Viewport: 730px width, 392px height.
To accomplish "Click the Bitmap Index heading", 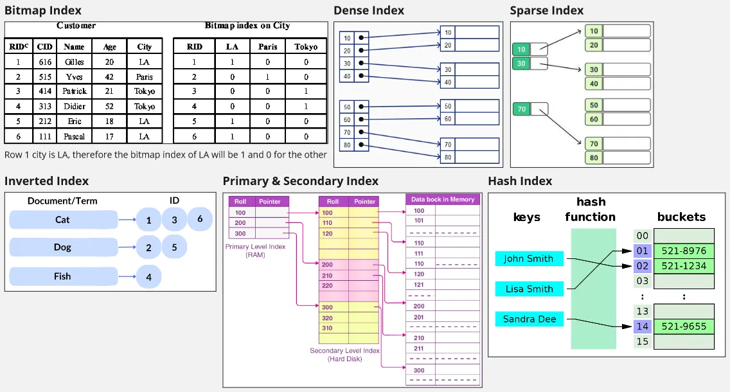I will click(x=43, y=10).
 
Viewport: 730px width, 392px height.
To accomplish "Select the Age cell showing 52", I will click(x=109, y=106).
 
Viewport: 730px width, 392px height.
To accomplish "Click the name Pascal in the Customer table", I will click(x=74, y=136).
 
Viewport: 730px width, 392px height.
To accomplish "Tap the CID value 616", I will click(x=44, y=62).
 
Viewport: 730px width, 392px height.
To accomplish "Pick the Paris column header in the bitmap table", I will click(x=267, y=47).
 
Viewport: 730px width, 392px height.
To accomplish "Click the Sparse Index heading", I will click(x=546, y=10).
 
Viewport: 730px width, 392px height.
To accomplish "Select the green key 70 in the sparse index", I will click(x=521, y=109).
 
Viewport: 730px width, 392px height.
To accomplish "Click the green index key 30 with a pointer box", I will click(x=521, y=64).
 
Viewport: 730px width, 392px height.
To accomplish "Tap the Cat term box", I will click(x=62, y=220).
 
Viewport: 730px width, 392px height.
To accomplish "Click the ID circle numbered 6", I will click(x=200, y=219).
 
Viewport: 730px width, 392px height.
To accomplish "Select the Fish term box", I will click(x=62, y=276).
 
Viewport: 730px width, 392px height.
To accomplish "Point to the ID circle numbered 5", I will click(x=174, y=247).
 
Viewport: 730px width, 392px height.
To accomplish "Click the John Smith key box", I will click(x=529, y=259).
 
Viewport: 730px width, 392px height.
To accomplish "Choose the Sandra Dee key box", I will click(x=529, y=319).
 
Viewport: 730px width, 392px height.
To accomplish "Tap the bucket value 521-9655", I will click(x=684, y=326).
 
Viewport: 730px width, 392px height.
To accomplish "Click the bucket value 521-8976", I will click(x=684, y=251).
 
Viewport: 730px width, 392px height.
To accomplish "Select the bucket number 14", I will click(x=643, y=326).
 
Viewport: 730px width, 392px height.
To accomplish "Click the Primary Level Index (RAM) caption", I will click(x=256, y=250).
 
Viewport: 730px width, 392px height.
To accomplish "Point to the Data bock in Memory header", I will click(x=443, y=199).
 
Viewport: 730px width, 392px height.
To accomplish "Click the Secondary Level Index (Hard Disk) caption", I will click(x=344, y=355).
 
